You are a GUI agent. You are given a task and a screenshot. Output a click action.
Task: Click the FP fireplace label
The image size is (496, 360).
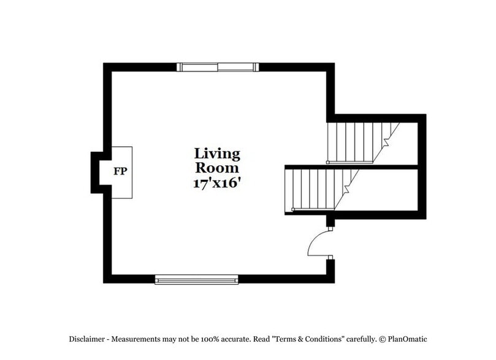[120, 171]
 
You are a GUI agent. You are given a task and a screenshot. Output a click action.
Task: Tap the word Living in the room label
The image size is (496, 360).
[217, 154]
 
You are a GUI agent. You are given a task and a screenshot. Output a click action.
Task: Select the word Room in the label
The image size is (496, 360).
[217, 167]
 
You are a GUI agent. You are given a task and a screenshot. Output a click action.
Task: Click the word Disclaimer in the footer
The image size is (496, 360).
[87, 339]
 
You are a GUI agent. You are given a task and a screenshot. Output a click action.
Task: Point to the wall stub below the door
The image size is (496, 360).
[330, 268]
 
